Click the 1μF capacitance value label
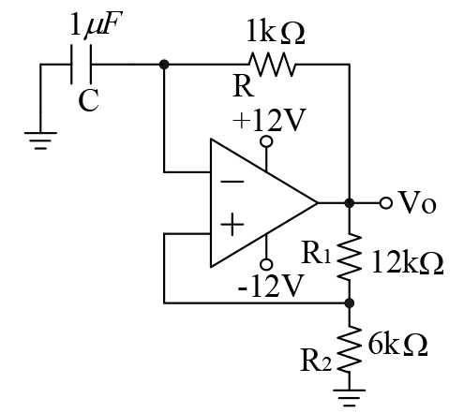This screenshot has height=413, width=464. click(x=97, y=23)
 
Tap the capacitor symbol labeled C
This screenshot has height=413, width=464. click(x=82, y=65)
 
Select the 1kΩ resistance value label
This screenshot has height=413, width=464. click(x=276, y=31)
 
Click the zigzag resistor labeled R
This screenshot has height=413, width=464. click(x=272, y=65)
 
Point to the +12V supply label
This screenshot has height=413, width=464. click(x=269, y=120)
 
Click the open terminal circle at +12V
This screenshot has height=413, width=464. click(x=266, y=141)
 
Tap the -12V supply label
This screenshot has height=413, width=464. click(x=271, y=286)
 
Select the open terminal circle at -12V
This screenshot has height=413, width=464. click(x=266, y=264)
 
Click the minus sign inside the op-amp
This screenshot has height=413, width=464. click(x=232, y=182)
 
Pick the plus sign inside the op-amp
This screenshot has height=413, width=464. click(x=232, y=224)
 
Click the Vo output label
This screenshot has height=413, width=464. click(x=417, y=202)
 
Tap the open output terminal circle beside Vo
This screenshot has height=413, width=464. click(x=386, y=203)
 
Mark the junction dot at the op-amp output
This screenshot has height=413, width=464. click(x=350, y=203)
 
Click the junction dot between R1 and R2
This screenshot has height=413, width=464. click(x=350, y=302)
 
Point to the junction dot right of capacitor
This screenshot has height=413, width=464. click(x=164, y=65)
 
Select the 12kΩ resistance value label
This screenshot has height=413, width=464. click(x=408, y=262)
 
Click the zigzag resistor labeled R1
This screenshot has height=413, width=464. click(x=350, y=257)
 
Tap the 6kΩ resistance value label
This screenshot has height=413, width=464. click(x=397, y=344)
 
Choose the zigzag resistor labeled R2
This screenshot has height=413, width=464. click(x=350, y=349)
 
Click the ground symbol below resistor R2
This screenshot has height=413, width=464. click(x=350, y=398)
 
